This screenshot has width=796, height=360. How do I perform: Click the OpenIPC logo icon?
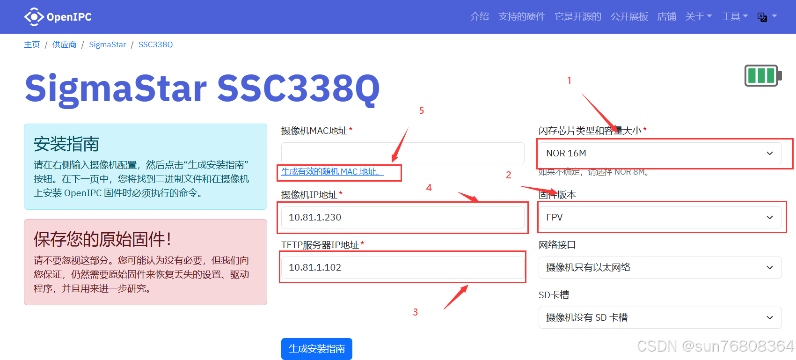(x=34, y=17)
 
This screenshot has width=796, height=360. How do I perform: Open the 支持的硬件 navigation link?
(x=521, y=17)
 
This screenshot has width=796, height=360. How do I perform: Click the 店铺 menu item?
(x=666, y=17)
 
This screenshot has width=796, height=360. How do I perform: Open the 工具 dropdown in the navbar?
(x=734, y=17)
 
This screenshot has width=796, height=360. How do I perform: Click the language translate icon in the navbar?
(x=762, y=17)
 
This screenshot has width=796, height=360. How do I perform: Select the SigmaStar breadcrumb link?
(x=107, y=44)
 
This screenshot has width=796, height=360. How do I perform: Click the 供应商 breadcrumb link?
(x=64, y=44)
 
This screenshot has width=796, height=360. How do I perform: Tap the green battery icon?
(x=762, y=75)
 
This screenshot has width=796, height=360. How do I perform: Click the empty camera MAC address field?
(x=402, y=153)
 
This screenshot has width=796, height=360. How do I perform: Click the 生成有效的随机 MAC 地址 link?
(x=332, y=172)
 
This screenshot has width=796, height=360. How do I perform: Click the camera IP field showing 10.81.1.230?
(x=402, y=217)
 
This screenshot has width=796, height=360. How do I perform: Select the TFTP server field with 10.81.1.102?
(x=402, y=267)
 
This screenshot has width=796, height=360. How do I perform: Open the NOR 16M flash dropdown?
(x=659, y=153)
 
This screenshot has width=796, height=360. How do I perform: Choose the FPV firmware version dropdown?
(x=659, y=217)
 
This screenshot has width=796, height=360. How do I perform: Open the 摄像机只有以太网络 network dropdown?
(x=659, y=267)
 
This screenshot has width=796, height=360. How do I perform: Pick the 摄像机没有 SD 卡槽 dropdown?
(x=659, y=317)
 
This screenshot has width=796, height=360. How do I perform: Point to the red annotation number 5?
(x=422, y=110)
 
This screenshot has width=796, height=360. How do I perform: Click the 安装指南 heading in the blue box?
(x=66, y=144)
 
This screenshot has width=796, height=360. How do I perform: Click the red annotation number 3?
(x=415, y=312)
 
